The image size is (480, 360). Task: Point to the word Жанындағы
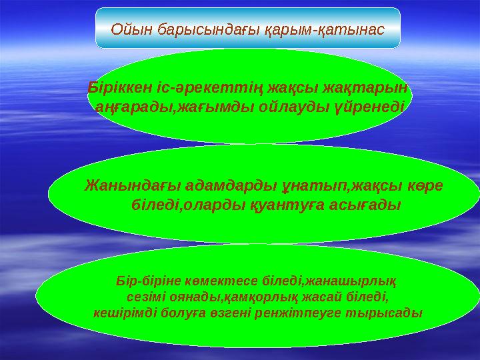pos(123,185)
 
